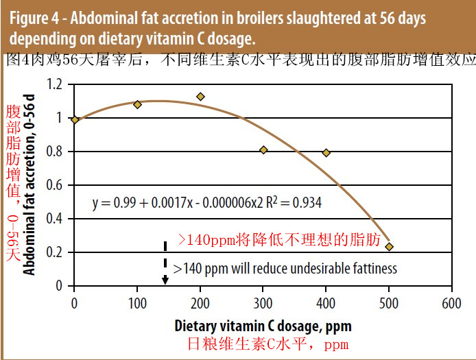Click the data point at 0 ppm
click(x=75, y=120)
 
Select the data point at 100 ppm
click(x=137, y=104)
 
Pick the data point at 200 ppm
click(x=200, y=97)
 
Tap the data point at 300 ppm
click(x=263, y=149)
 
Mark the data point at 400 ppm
click(x=326, y=152)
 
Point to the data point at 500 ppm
click(x=389, y=246)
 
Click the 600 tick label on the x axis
click(x=451, y=302)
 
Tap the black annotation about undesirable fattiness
click(x=285, y=268)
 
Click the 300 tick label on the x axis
click(x=263, y=302)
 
